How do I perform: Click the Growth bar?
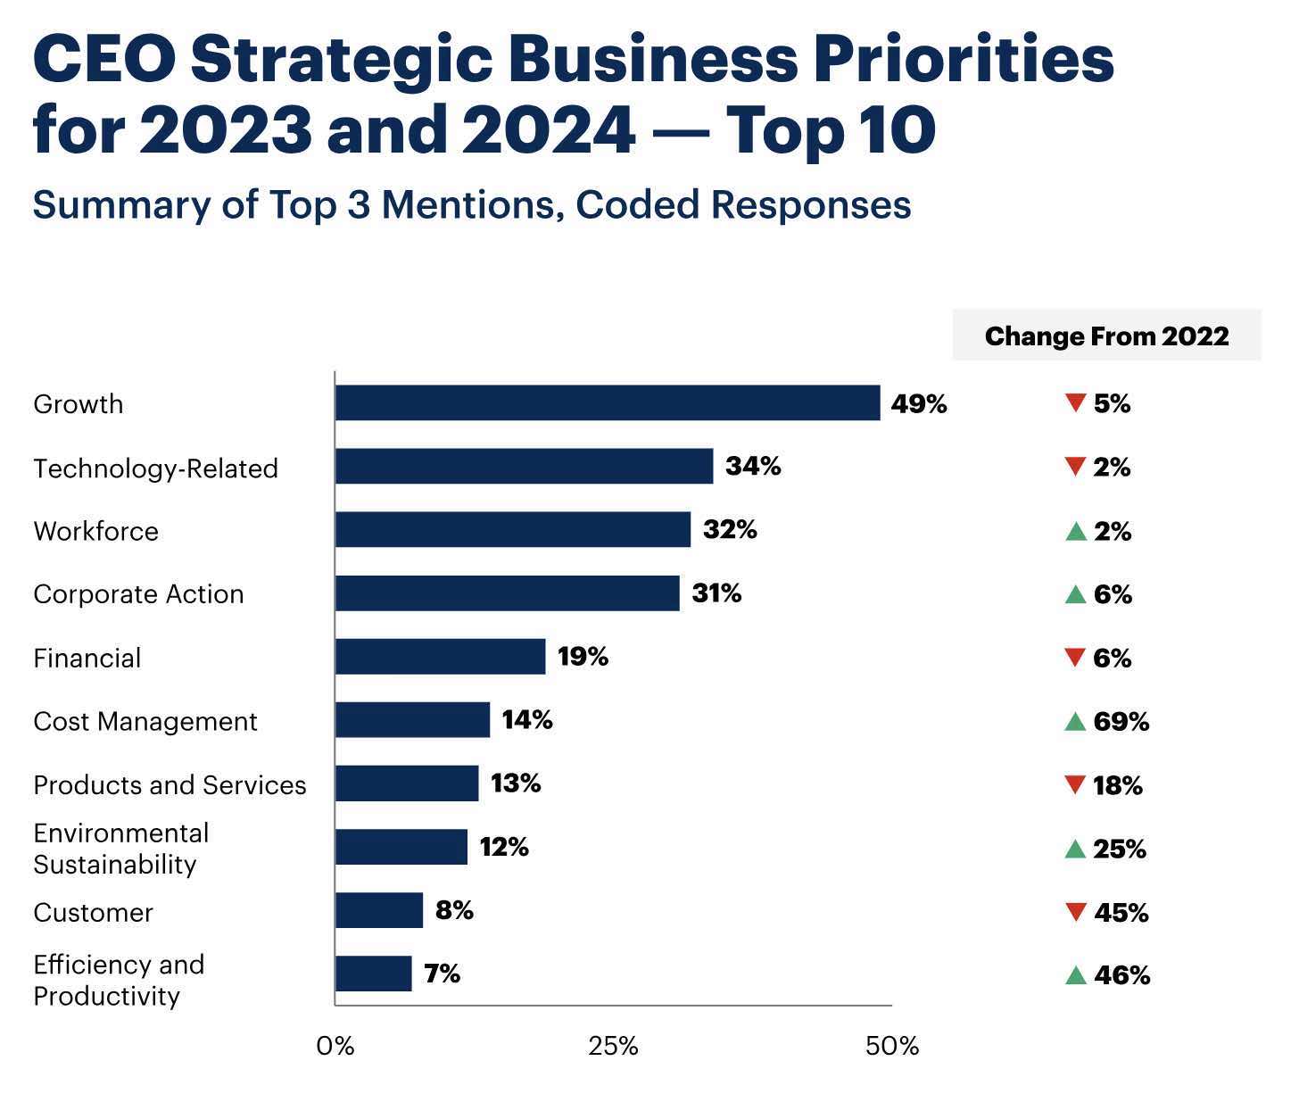click(608, 402)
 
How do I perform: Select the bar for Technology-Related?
click(524, 466)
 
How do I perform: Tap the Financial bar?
click(440, 657)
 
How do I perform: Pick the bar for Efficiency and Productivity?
click(373, 974)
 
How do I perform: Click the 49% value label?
click(918, 404)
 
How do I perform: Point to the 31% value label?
click(716, 593)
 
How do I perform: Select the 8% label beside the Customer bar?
click(454, 911)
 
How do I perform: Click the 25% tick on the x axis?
click(613, 1047)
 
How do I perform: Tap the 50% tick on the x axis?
click(892, 1047)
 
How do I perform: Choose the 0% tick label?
click(335, 1047)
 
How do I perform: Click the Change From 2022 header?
click(1106, 336)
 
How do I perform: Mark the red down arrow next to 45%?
click(1075, 912)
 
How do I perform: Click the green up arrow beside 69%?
click(1075, 721)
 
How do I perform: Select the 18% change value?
click(1117, 785)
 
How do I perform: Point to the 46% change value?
click(1121, 975)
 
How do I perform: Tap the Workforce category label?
click(95, 531)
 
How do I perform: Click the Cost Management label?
click(145, 721)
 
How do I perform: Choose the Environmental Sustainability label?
click(120, 849)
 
